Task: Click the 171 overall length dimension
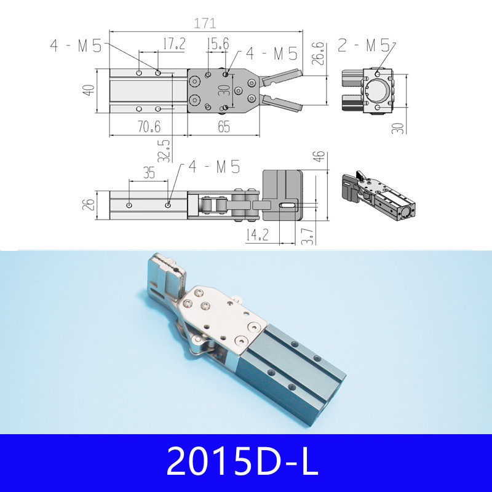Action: pos(205,23)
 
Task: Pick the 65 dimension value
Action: pos(224,127)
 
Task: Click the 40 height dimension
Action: pos(89,90)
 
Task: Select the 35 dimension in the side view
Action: pos(148,173)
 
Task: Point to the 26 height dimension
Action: pos(89,203)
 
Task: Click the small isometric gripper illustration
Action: pos(377,196)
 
